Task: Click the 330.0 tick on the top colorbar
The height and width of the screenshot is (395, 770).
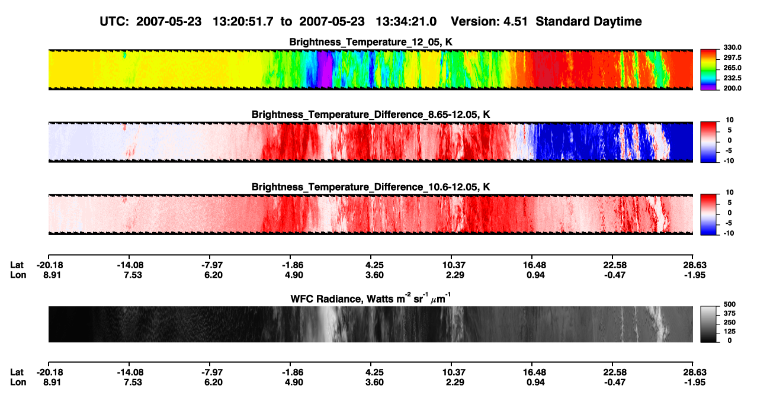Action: [x=732, y=47]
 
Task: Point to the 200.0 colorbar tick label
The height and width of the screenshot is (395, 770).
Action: [x=732, y=88]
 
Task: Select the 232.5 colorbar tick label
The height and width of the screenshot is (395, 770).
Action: [x=732, y=78]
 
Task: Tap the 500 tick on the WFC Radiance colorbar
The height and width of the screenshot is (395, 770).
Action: [x=729, y=304]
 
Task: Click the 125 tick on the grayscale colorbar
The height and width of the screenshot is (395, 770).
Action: [x=729, y=332]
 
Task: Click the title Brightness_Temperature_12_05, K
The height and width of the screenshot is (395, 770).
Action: [x=371, y=42]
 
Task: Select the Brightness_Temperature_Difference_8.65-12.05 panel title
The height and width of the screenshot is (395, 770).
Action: [x=371, y=114]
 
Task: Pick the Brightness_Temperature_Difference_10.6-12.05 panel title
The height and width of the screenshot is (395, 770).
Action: [x=371, y=187]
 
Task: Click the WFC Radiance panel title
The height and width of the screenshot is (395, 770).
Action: [x=371, y=298]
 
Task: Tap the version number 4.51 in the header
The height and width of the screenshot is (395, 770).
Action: [x=515, y=21]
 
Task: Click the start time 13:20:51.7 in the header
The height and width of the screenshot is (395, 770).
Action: [x=243, y=21]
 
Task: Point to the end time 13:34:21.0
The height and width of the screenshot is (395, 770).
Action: [x=406, y=21]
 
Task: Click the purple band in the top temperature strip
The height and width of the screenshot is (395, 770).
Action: [x=325, y=70]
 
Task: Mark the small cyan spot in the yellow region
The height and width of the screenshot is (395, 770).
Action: [x=124, y=55]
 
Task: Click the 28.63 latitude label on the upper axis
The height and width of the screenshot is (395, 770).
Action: [x=695, y=265]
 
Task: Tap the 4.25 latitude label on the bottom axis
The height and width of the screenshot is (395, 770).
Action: [x=374, y=372]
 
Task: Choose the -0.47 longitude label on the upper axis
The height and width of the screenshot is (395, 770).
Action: [x=615, y=275]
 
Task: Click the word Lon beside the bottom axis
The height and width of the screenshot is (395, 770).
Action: [x=18, y=383]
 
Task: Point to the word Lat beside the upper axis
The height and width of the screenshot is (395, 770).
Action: [x=17, y=265]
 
